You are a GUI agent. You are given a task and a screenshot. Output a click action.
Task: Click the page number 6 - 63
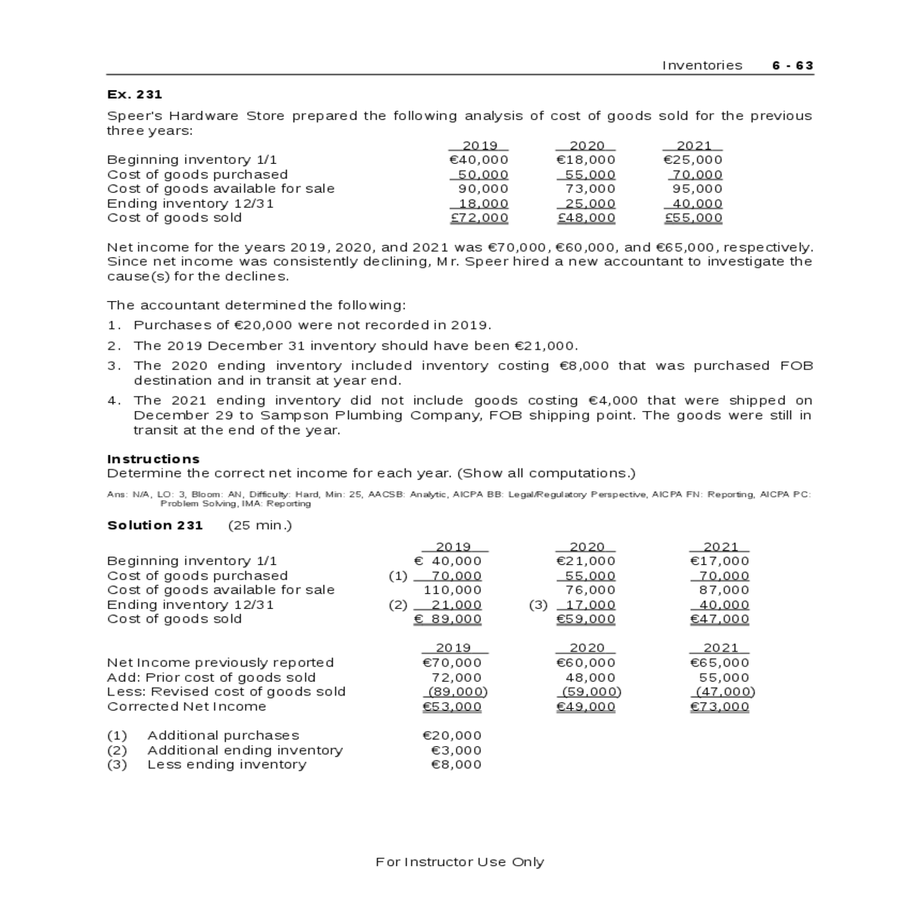(792, 65)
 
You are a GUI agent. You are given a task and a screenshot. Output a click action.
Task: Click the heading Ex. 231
(134, 94)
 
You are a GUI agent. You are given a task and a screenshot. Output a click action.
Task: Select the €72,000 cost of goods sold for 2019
(479, 218)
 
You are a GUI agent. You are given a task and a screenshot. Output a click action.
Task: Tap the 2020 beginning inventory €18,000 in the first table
(585, 160)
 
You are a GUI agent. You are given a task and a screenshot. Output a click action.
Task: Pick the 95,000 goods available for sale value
(697, 189)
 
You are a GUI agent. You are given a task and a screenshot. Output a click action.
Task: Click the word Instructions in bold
(153, 459)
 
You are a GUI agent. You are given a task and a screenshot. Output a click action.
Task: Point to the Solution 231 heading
(155, 526)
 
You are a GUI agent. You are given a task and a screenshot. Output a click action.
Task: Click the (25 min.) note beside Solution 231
(259, 526)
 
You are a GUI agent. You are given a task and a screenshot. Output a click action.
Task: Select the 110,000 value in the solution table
(452, 590)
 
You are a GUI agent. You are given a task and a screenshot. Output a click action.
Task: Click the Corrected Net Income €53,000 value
(451, 707)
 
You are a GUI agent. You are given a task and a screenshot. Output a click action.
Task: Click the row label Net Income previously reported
(220, 663)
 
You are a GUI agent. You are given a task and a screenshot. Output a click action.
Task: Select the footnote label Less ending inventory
(227, 764)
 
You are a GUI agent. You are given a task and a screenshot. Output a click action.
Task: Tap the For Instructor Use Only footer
(460, 861)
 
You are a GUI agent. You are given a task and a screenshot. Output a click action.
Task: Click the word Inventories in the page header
(702, 65)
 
